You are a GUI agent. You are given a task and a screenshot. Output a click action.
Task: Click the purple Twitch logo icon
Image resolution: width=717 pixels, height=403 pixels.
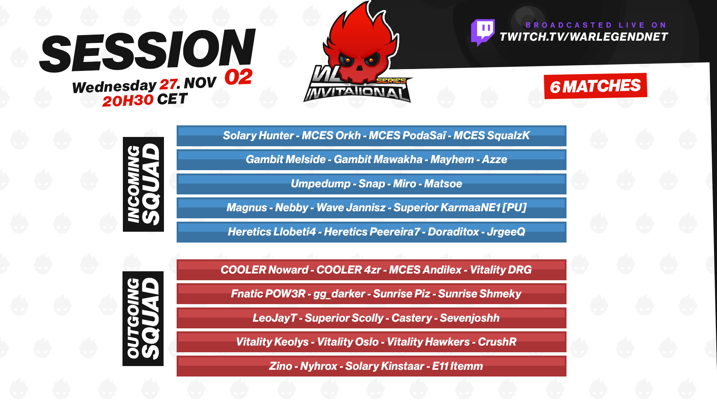coord(483,32)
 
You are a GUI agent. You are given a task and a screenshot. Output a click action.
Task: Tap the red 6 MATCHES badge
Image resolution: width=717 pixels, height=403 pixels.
coord(595,86)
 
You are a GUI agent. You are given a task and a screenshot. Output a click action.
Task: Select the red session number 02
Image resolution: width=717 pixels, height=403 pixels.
coord(238,77)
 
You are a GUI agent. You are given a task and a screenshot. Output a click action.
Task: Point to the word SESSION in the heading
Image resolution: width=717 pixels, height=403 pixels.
coord(148,50)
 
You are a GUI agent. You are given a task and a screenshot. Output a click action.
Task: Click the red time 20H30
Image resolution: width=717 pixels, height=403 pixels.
coord(128,100)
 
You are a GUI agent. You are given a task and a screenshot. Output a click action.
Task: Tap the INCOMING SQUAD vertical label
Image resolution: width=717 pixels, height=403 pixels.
coord(143,184)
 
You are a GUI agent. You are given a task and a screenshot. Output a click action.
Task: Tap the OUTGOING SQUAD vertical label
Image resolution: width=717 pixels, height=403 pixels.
coord(143,319)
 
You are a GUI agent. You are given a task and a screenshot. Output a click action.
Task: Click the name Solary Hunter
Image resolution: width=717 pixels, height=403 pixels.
coord(258,135)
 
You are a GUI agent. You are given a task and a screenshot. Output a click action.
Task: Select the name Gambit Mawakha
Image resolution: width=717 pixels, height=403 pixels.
coord(378,159)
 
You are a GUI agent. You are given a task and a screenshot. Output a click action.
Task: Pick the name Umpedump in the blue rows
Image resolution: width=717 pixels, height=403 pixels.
coord(320,184)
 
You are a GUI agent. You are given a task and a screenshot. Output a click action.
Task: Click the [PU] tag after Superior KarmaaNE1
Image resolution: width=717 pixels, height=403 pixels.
coord(515,207)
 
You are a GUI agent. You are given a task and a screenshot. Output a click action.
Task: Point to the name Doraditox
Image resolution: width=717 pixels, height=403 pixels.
coord(453,232)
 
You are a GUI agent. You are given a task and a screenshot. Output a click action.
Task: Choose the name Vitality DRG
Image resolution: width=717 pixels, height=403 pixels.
coord(501,270)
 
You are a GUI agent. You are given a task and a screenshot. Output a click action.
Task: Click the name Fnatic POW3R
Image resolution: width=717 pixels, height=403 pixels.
coord(268,294)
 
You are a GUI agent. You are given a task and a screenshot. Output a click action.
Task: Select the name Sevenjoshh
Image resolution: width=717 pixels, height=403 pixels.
coord(469,318)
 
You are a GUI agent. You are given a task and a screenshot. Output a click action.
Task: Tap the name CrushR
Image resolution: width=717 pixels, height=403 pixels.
coord(497,342)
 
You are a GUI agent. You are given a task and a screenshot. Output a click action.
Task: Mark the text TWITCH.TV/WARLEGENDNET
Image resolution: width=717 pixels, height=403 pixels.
coord(584,37)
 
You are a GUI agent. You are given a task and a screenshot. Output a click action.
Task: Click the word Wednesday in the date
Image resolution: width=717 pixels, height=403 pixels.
coord(114,87)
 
